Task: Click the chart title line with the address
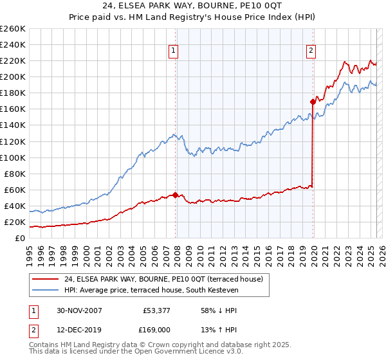[193, 6]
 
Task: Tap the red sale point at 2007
[176, 195]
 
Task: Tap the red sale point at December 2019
[313, 102]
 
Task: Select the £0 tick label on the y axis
[20, 238]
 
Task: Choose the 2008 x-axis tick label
[177, 252]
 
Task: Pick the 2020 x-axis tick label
[313, 252]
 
